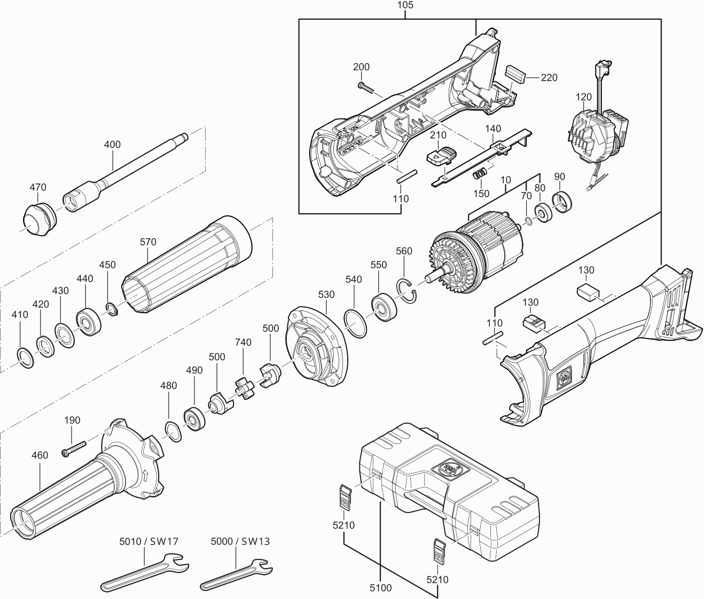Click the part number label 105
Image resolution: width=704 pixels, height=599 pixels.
[405, 5]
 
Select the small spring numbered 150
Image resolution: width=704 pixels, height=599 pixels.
[481, 174]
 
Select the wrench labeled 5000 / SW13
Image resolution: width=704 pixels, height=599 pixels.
[236, 573]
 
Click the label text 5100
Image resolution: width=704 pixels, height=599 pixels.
[380, 588]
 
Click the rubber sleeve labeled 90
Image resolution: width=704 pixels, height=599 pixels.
[561, 203]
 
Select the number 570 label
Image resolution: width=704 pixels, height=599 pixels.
[148, 242]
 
